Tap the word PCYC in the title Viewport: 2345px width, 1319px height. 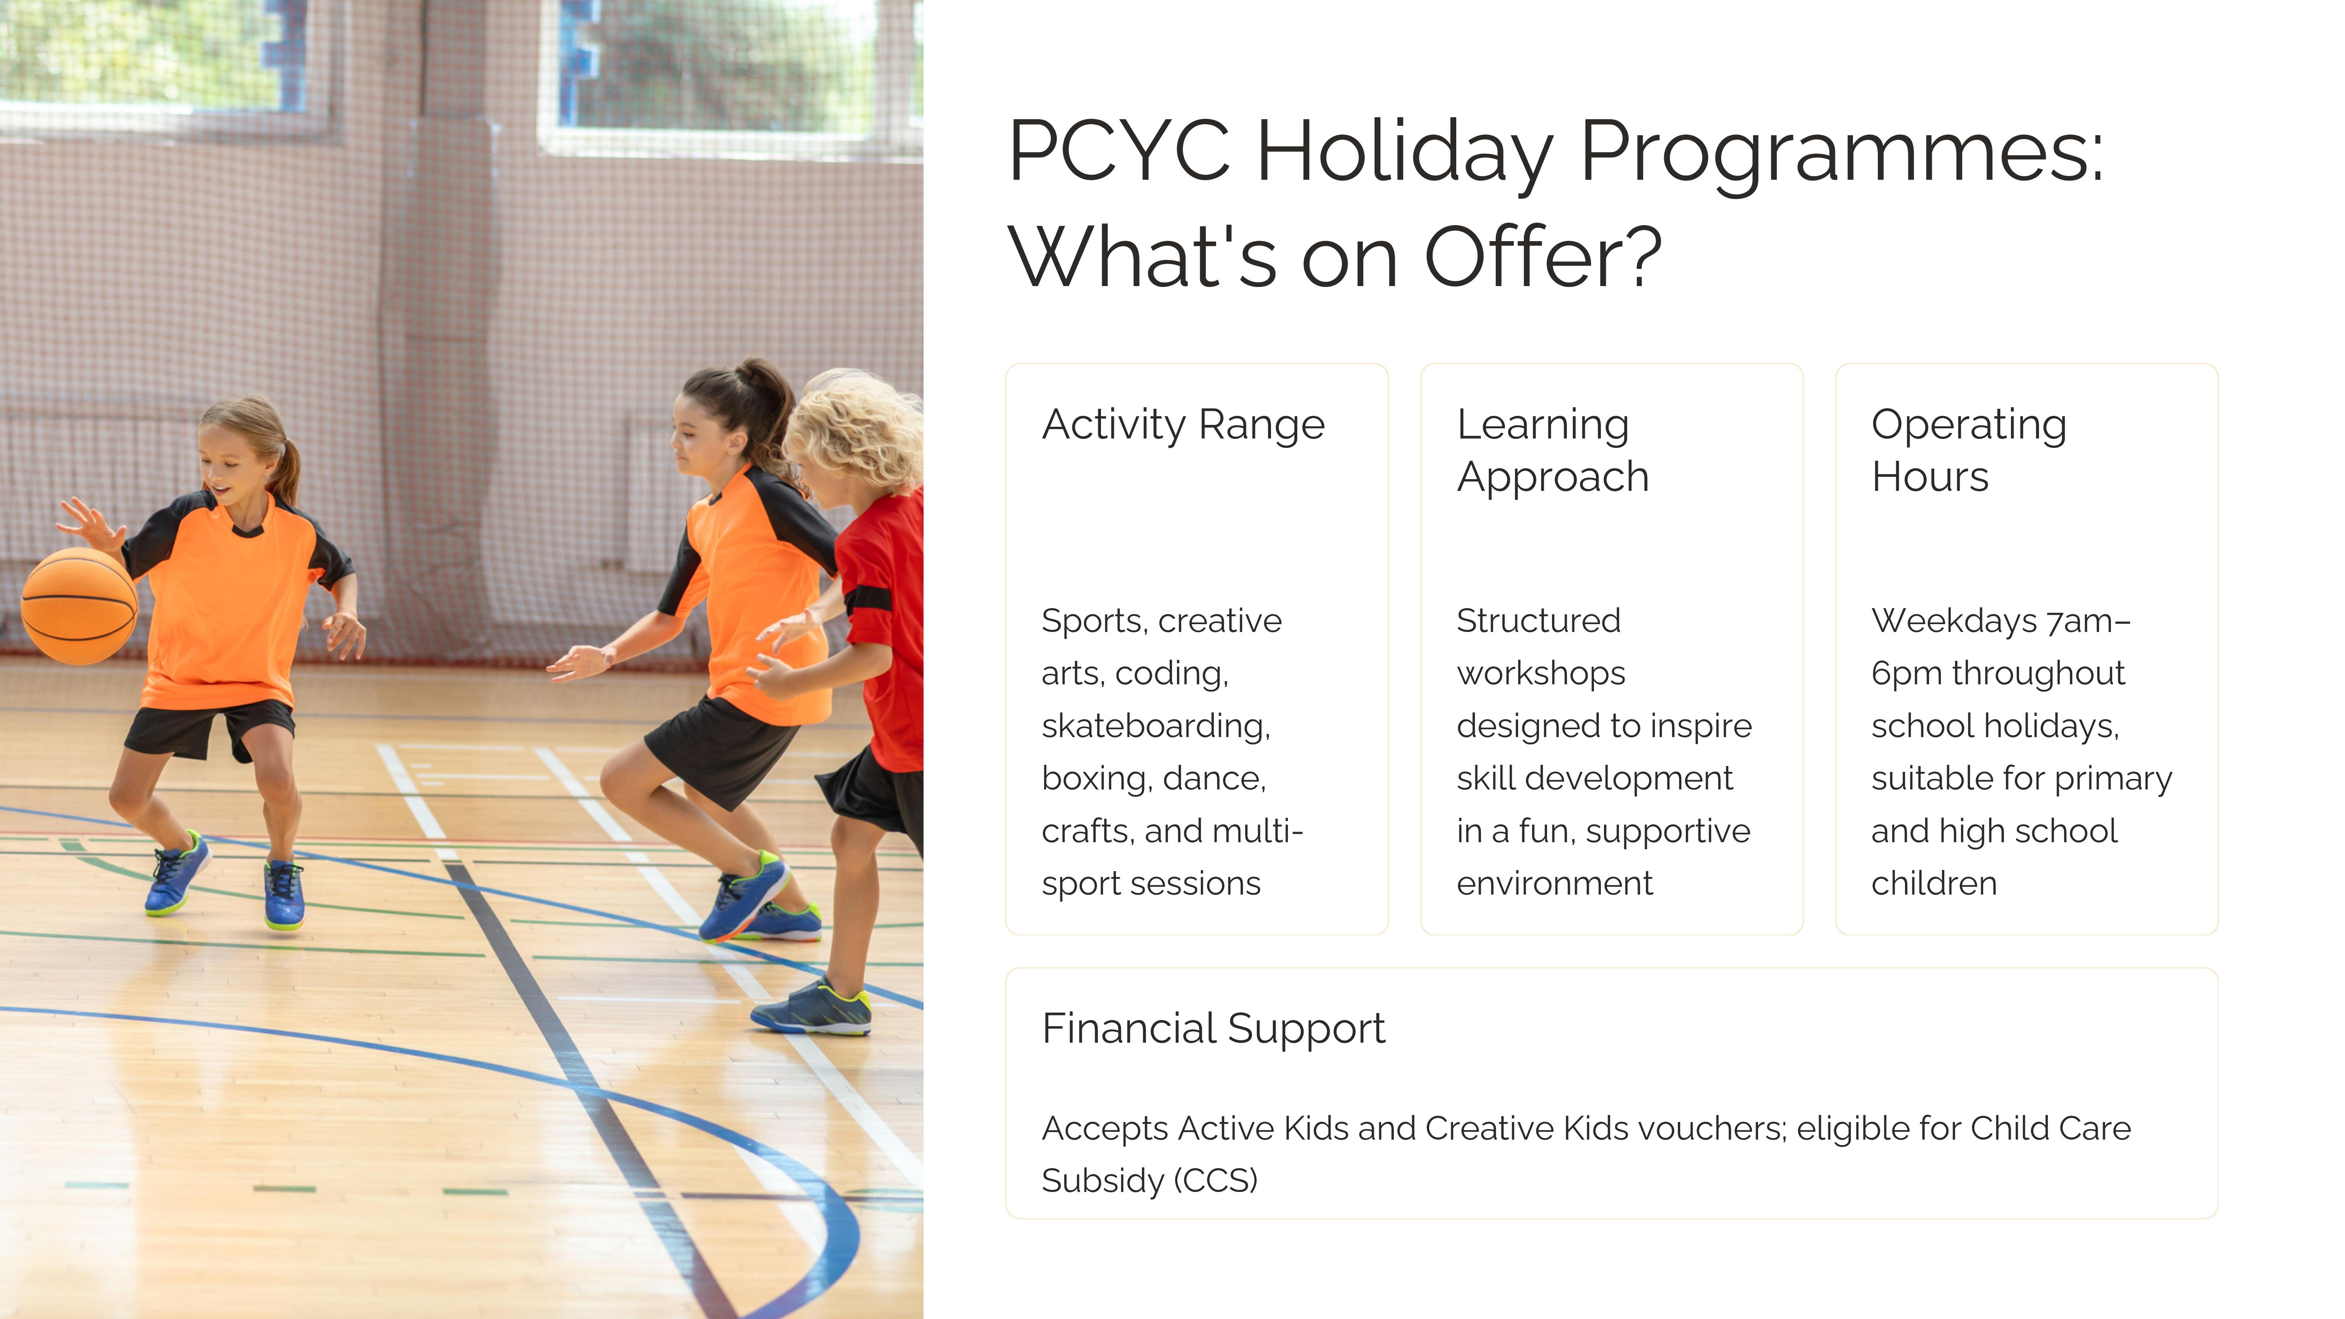tap(1120, 151)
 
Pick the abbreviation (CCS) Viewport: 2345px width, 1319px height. tap(1215, 1181)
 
